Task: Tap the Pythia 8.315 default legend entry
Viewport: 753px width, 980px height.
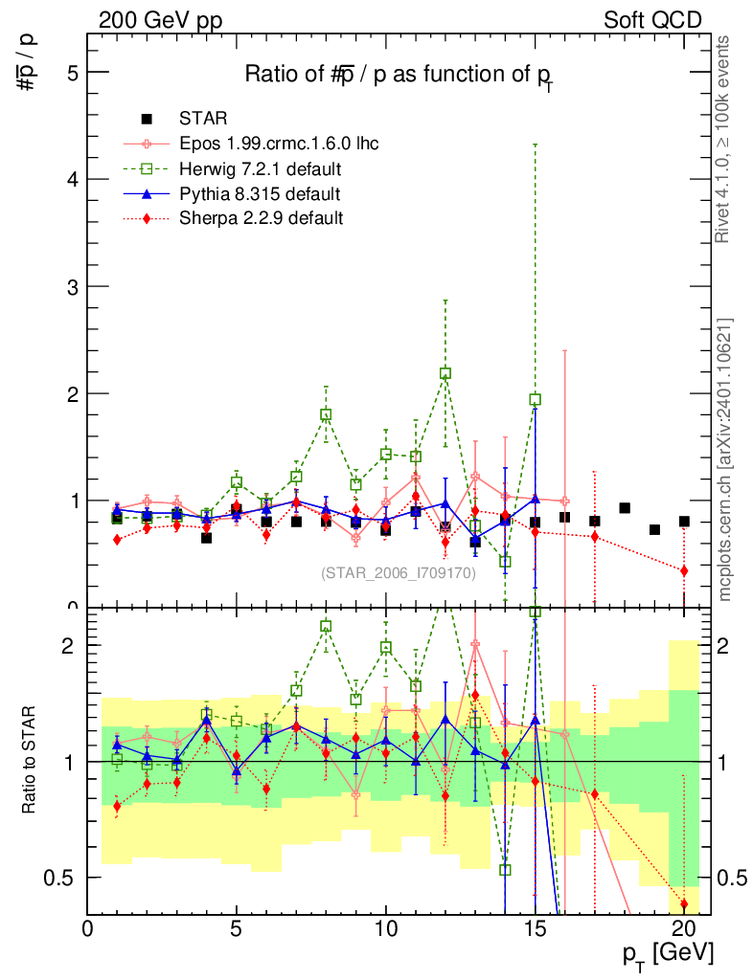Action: (260, 194)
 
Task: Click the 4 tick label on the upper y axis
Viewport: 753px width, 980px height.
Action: (71, 180)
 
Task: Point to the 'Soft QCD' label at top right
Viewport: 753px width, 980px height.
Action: (652, 20)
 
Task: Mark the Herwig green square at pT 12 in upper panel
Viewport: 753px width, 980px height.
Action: (445, 373)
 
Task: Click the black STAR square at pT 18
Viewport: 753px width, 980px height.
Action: (625, 508)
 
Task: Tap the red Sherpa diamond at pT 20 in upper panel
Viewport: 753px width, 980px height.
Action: (684, 570)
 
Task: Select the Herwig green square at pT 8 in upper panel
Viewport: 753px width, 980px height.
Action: (326, 415)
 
